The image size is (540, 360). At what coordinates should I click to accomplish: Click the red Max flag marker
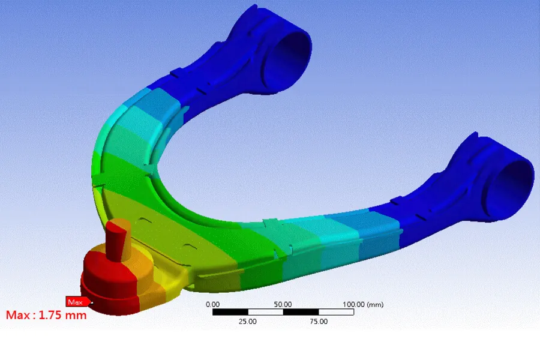tap(75, 302)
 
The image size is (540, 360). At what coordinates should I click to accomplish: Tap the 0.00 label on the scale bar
tap(212, 304)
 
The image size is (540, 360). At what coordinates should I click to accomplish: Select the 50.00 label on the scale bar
tap(283, 304)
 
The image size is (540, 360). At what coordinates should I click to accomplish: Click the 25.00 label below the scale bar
tap(248, 322)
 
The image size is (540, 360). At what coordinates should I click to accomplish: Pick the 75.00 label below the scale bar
tap(318, 322)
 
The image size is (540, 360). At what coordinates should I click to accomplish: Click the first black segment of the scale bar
tap(230, 312)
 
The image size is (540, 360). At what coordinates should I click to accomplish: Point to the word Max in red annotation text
tap(18, 315)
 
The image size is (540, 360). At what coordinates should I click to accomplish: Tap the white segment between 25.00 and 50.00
tap(265, 312)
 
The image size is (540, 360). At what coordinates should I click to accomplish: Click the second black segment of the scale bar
tap(301, 312)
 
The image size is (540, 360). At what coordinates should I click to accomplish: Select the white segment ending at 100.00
tap(336, 312)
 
